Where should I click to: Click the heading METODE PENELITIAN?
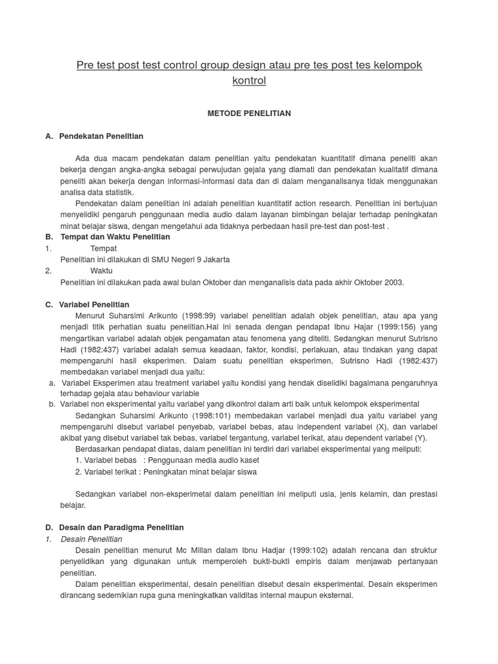249,113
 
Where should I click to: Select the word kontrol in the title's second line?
249,81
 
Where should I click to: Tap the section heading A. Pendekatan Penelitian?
101,136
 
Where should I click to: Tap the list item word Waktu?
101,271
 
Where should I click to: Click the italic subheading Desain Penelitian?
91,539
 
